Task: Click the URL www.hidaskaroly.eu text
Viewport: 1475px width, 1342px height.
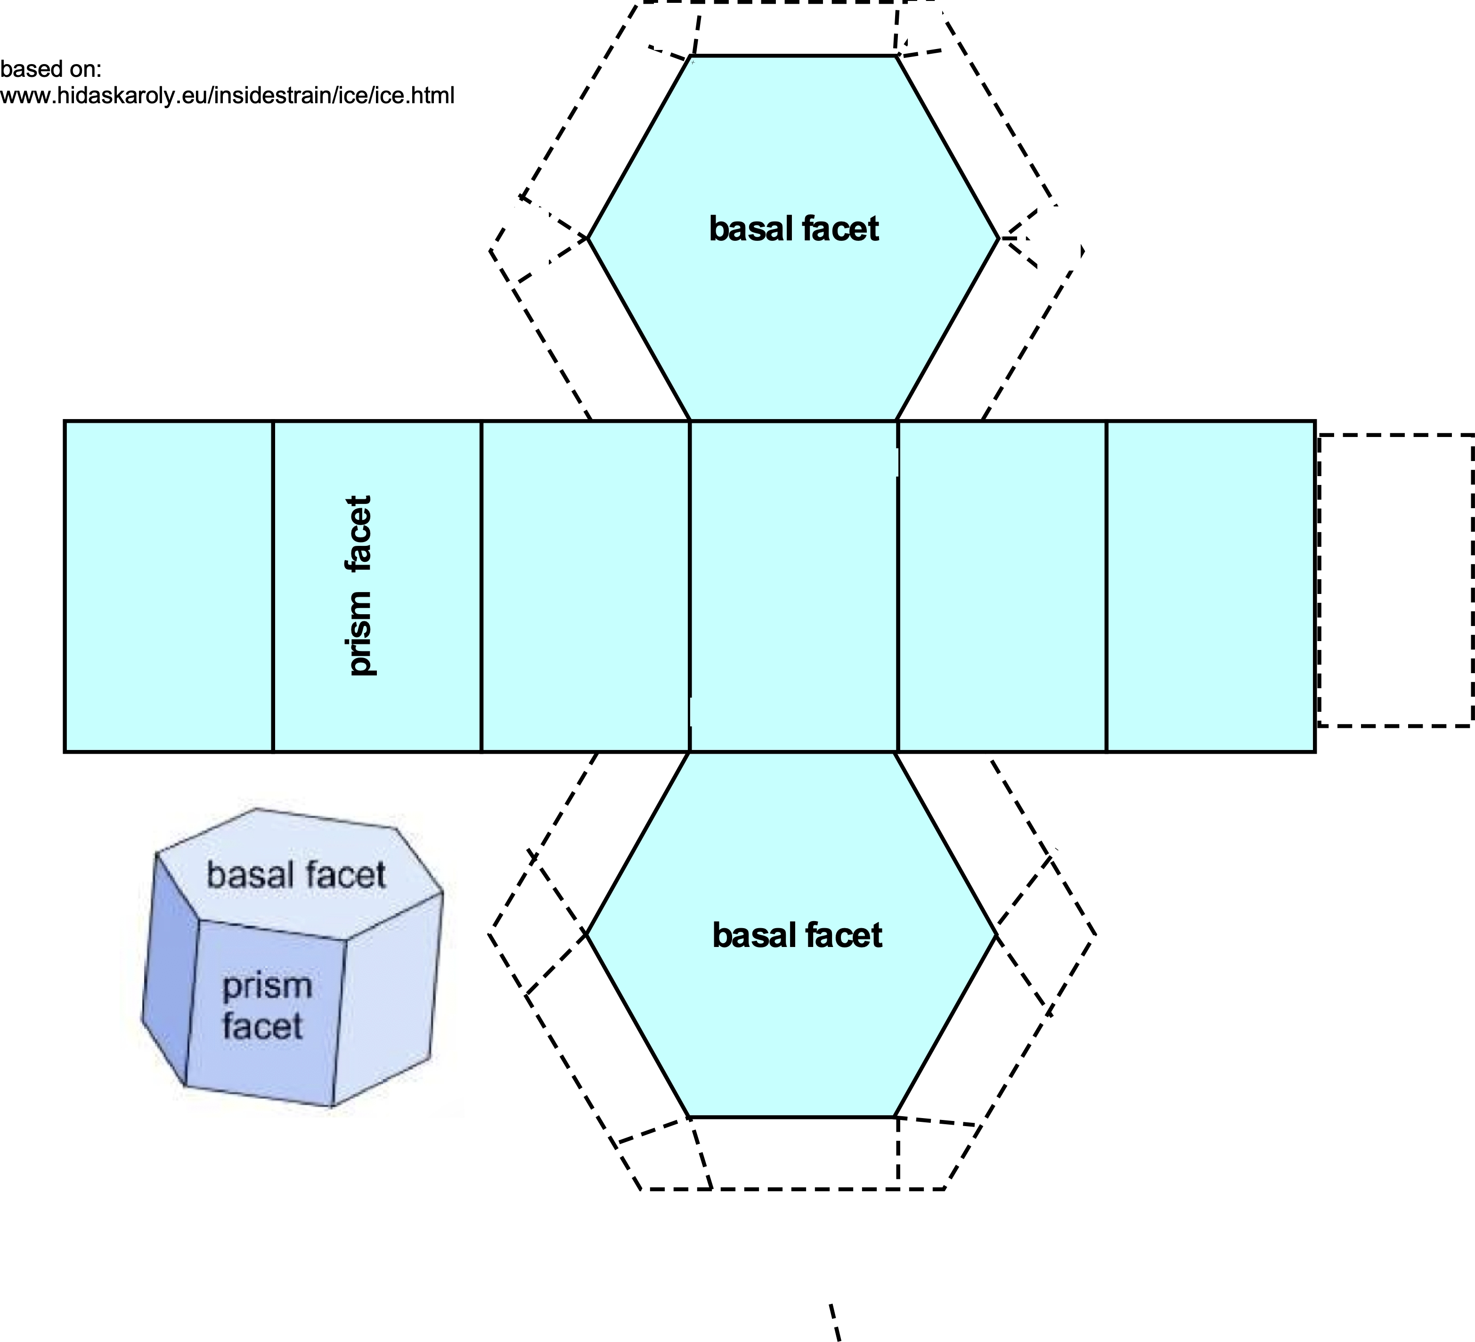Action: point(227,95)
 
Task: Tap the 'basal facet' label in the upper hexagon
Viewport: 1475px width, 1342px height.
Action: point(793,229)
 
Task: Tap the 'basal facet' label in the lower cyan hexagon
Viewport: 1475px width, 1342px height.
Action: point(797,936)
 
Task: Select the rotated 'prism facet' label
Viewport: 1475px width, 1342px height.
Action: point(359,586)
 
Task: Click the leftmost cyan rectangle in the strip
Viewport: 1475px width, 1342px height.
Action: point(168,586)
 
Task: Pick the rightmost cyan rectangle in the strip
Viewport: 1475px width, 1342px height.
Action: point(1211,586)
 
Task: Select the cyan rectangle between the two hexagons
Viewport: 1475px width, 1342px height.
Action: point(793,586)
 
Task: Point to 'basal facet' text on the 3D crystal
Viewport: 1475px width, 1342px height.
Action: point(295,875)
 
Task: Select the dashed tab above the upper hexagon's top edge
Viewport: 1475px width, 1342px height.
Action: point(795,28)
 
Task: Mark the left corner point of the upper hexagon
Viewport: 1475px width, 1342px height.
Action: point(588,238)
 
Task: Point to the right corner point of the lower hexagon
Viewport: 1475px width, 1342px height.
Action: point(996,935)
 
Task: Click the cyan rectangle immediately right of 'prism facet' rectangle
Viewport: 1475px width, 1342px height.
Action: point(585,586)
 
